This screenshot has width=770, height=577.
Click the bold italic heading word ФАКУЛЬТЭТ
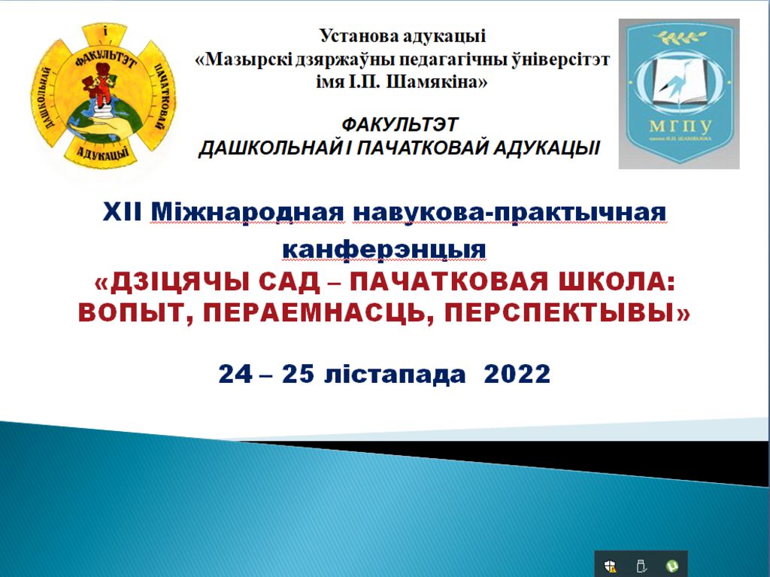click(x=400, y=124)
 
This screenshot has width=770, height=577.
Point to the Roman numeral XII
click(x=123, y=212)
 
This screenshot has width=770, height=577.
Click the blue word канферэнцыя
click(x=384, y=249)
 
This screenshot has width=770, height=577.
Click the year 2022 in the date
click(x=517, y=375)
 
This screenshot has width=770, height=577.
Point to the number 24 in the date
click(x=235, y=375)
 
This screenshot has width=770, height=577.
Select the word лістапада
click(x=395, y=375)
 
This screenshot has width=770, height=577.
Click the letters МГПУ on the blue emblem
click(x=680, y=126)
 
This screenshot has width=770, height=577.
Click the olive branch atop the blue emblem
click(x=679, y=36)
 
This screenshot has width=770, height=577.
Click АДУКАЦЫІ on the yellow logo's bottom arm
click(x=103, y=153)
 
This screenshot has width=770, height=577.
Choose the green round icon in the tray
click(x=672, y=566)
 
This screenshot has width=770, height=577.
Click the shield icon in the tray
click(x=611, y=566)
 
